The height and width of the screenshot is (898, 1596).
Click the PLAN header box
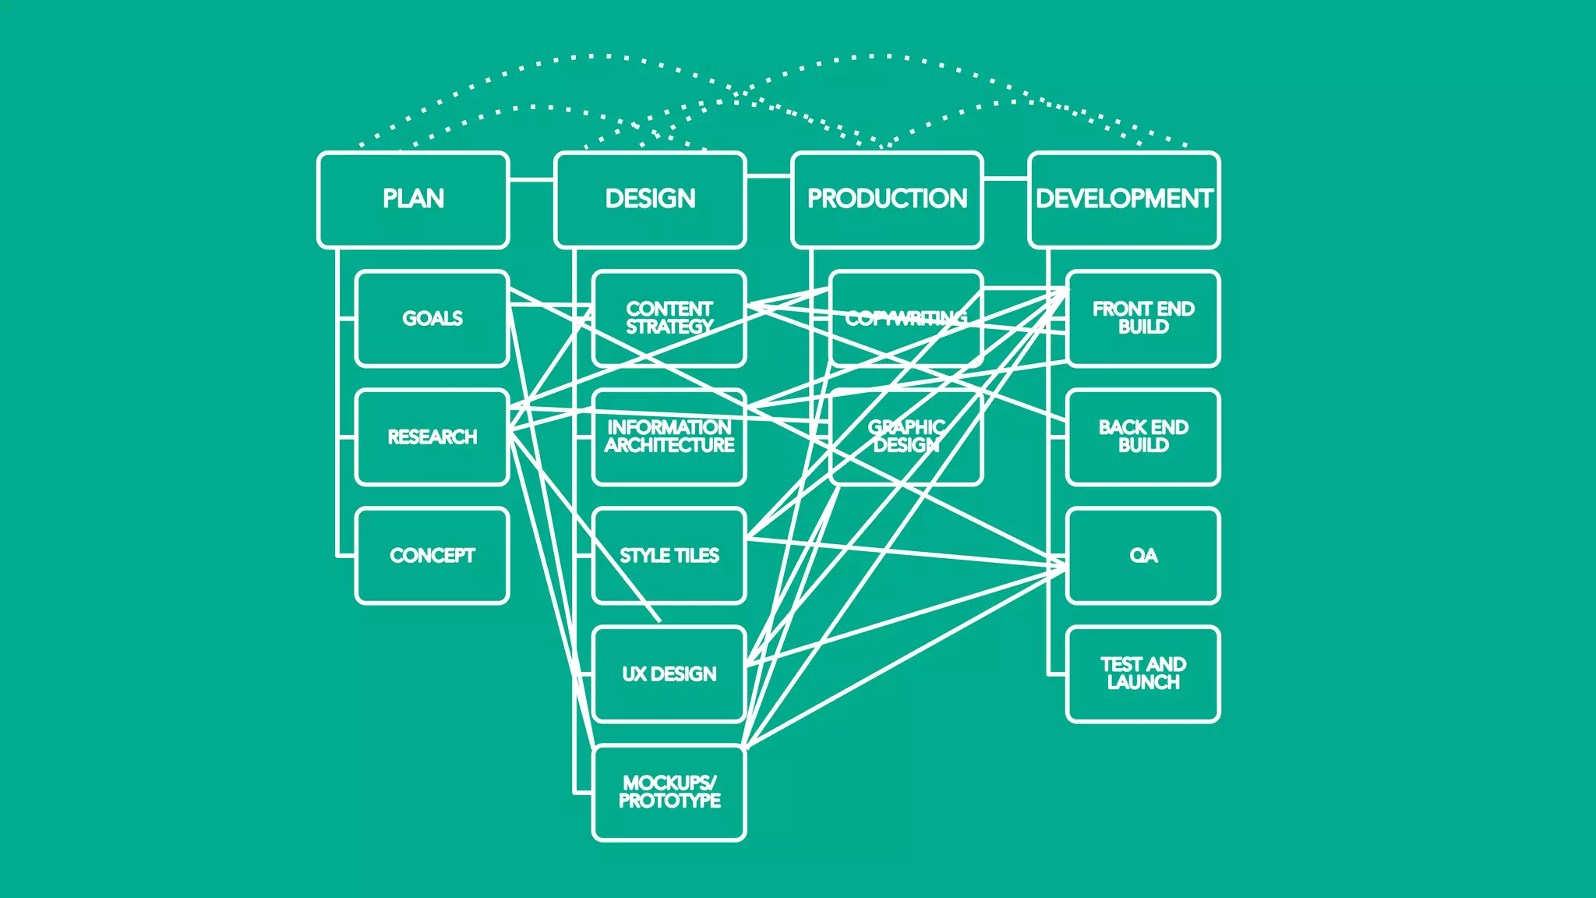click(413, 200)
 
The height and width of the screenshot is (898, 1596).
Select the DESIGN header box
click(650, 200)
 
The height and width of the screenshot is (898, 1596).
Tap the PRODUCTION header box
click(887, 200)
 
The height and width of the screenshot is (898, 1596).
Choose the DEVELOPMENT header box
click(1124, 200)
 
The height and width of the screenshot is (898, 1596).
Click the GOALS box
click(432, 318)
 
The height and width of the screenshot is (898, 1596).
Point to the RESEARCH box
click(432, 437)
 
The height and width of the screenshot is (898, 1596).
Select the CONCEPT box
click(432, 555)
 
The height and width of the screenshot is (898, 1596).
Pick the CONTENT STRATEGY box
click(669, 318)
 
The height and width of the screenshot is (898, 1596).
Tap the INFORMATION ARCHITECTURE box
click(669, 437)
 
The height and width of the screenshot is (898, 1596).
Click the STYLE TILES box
click(669, 555)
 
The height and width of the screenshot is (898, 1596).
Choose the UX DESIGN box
click(669, 673)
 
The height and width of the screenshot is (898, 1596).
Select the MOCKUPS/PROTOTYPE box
click(669, 792)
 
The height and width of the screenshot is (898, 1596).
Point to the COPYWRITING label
click(906, 318)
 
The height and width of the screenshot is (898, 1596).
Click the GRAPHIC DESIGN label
click(906, 437)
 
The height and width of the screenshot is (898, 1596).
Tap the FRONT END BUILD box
click(1142, 318)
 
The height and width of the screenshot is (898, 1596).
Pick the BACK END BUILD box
click(1142, 437)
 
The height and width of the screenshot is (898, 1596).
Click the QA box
click(1142, 555)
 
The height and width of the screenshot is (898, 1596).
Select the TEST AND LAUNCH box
click(1142, 673)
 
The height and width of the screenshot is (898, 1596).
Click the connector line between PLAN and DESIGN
click(531, 179)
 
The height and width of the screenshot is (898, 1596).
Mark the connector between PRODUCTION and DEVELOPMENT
click(1005, 179)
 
